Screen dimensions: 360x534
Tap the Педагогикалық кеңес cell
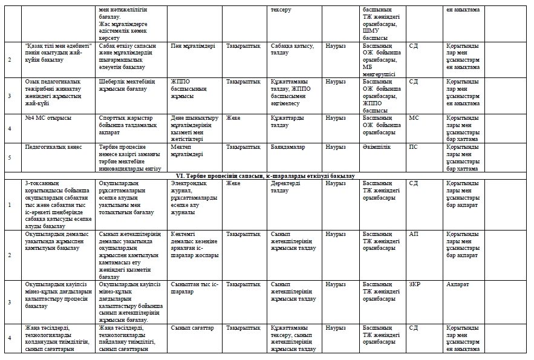tap(51, 146)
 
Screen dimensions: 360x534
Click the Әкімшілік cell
tap(376, 146)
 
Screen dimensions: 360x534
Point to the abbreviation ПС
tap(414, 146)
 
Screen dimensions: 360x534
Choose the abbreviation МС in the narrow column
tap(414, 117)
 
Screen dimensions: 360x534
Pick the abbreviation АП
tap(414, 233)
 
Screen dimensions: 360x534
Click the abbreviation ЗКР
tap(415, 284)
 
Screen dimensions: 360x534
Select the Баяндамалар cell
tap(288, 146)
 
